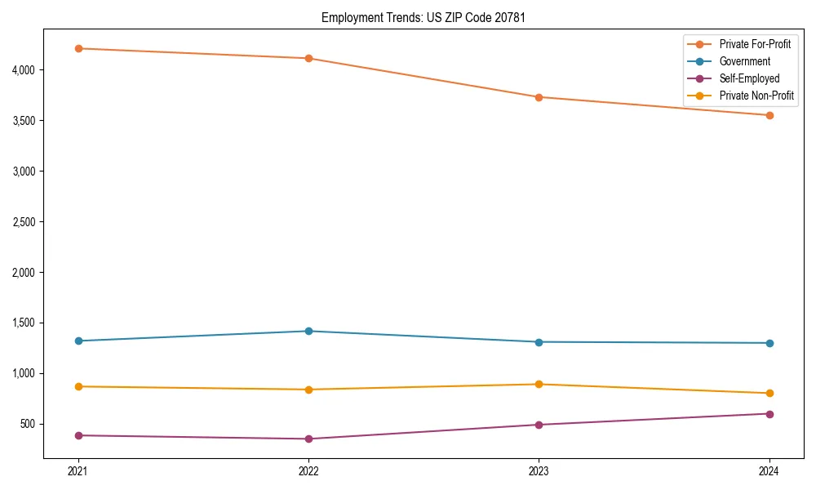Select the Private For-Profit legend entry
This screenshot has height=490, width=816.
tap(756, 44)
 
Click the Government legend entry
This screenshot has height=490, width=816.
tap(744, 61)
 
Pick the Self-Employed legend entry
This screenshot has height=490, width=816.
tap(749, 78)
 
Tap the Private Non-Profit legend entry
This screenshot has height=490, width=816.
tap(756, 96)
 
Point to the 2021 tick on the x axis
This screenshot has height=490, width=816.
tap(78, 471)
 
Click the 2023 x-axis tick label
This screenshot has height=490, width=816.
tap(539, 471)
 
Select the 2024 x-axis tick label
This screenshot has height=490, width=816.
tap(769, 471)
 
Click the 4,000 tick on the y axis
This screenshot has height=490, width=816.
tap(23, 70)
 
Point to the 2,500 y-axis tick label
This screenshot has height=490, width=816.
tap(23, 222)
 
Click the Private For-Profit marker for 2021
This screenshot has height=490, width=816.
tap(78, 48)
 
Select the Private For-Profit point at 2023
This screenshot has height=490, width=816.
tap(539, 97)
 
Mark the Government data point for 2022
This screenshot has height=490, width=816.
tap(308, 331)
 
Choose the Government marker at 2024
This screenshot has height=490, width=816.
tap(769, 343)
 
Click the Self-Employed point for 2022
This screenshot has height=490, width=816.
tap(308, 439)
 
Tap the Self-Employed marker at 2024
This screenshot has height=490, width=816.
tap(769, 413)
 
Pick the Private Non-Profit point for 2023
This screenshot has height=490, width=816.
tap(539, 384)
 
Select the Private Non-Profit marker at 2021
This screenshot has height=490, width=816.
tap(78, 386)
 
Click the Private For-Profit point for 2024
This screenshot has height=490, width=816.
tap(769, 115)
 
